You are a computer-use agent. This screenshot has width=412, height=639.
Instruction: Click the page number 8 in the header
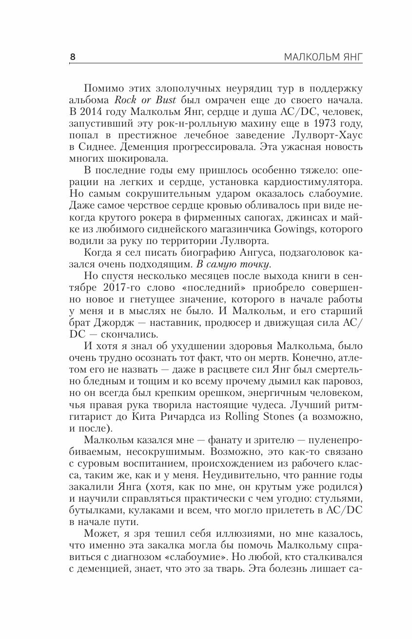(x=73, y=57)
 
